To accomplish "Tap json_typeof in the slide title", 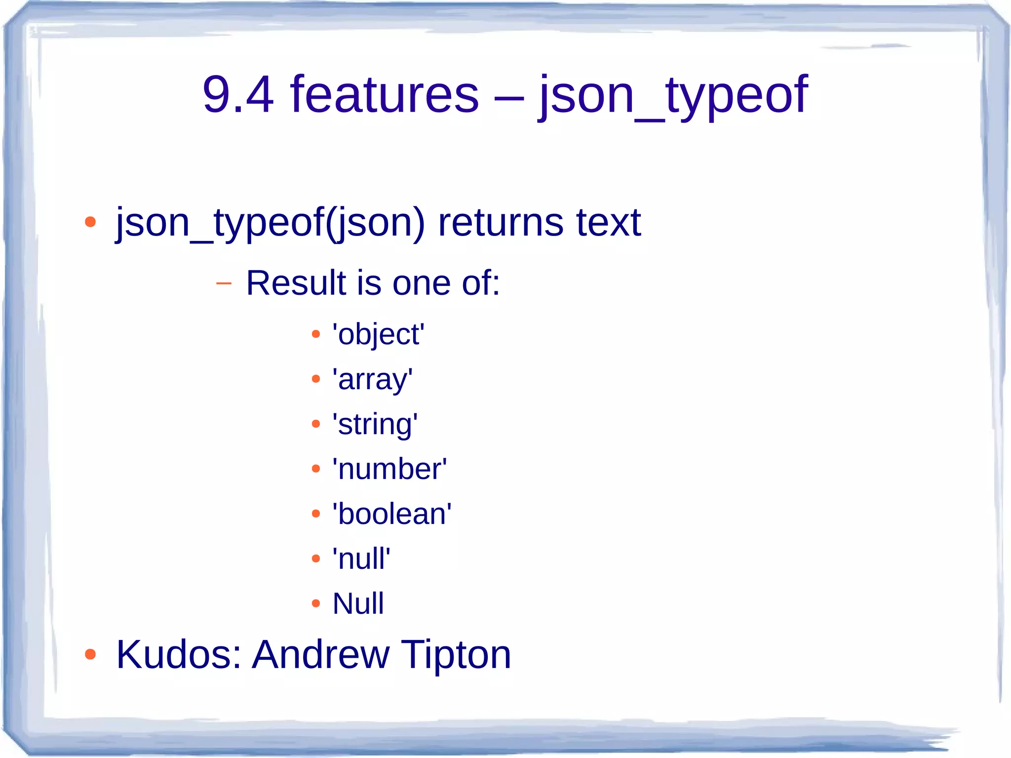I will tap(673, 95).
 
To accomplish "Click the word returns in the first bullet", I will tap(500, 222).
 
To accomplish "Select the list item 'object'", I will tap(378, 334).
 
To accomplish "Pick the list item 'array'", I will tap(372, 379).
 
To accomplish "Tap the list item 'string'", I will tap(375, 424).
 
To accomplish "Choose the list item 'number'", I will tap(389, 469).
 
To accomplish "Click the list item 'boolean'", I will tap(392, 514).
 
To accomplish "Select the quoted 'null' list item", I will tap(361, 559).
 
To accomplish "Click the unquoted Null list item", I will tap(358, 603).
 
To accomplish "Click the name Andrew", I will tap(321, 654).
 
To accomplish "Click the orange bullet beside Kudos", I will tap(90, 655).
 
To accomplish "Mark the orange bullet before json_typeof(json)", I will tap(90, 222).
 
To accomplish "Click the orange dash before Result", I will tap(224, 283).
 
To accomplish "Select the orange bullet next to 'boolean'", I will tap(316, 514).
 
